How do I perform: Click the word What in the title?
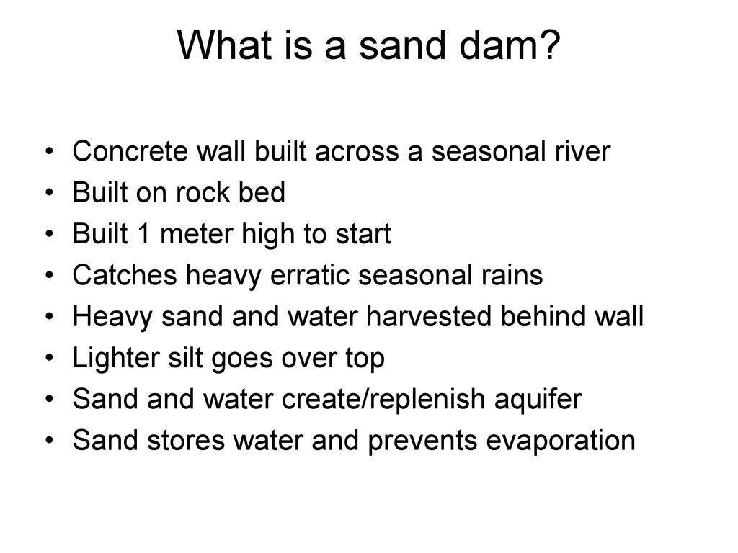tap(225, 45)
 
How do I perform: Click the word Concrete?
tap(130, 151)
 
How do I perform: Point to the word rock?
tap(202, 192)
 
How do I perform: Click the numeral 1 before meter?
tap(143, 234)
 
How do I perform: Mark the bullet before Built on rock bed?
tap(50, 193)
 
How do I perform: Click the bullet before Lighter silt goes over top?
tap(50, 358)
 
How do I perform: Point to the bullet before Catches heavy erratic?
tap(50, 275)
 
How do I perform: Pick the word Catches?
tap(125, 275)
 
